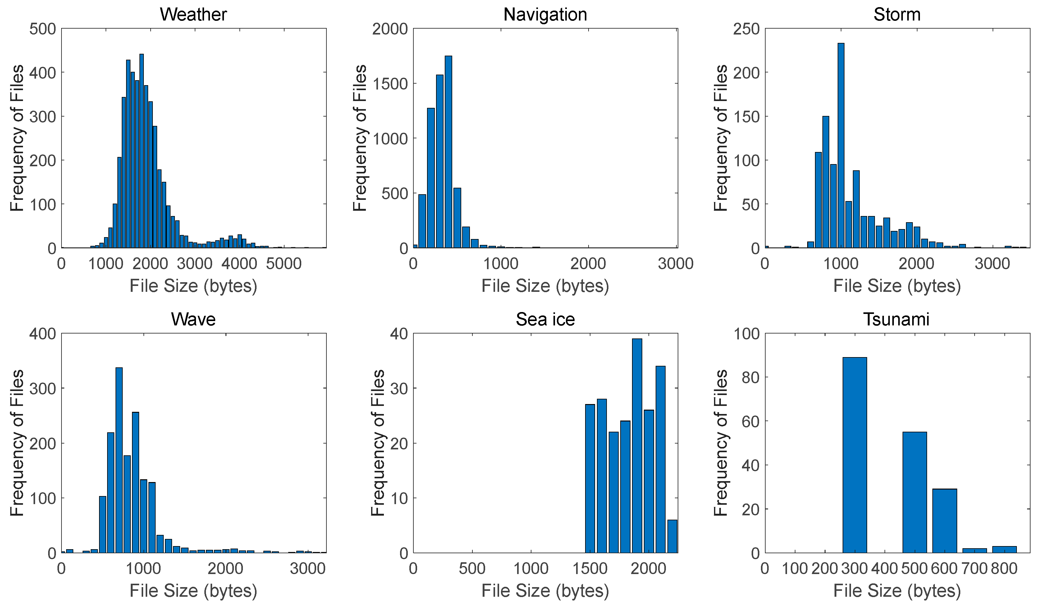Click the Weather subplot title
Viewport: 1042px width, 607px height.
coord(193,15)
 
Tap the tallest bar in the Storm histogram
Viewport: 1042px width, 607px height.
coord(841,145)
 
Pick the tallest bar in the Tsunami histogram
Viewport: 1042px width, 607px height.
coord(855,455)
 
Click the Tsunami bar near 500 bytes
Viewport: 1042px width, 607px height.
coord(915,492)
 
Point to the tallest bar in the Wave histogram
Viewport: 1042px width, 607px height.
coord(119,460)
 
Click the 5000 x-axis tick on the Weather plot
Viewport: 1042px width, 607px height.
coord(284,264)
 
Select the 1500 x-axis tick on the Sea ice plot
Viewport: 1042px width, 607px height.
coord(590,568)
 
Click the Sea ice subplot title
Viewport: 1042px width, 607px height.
coord(545,320)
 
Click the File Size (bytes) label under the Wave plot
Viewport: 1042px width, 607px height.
coord(193,591)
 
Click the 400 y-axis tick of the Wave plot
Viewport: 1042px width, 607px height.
coord(43,334)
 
